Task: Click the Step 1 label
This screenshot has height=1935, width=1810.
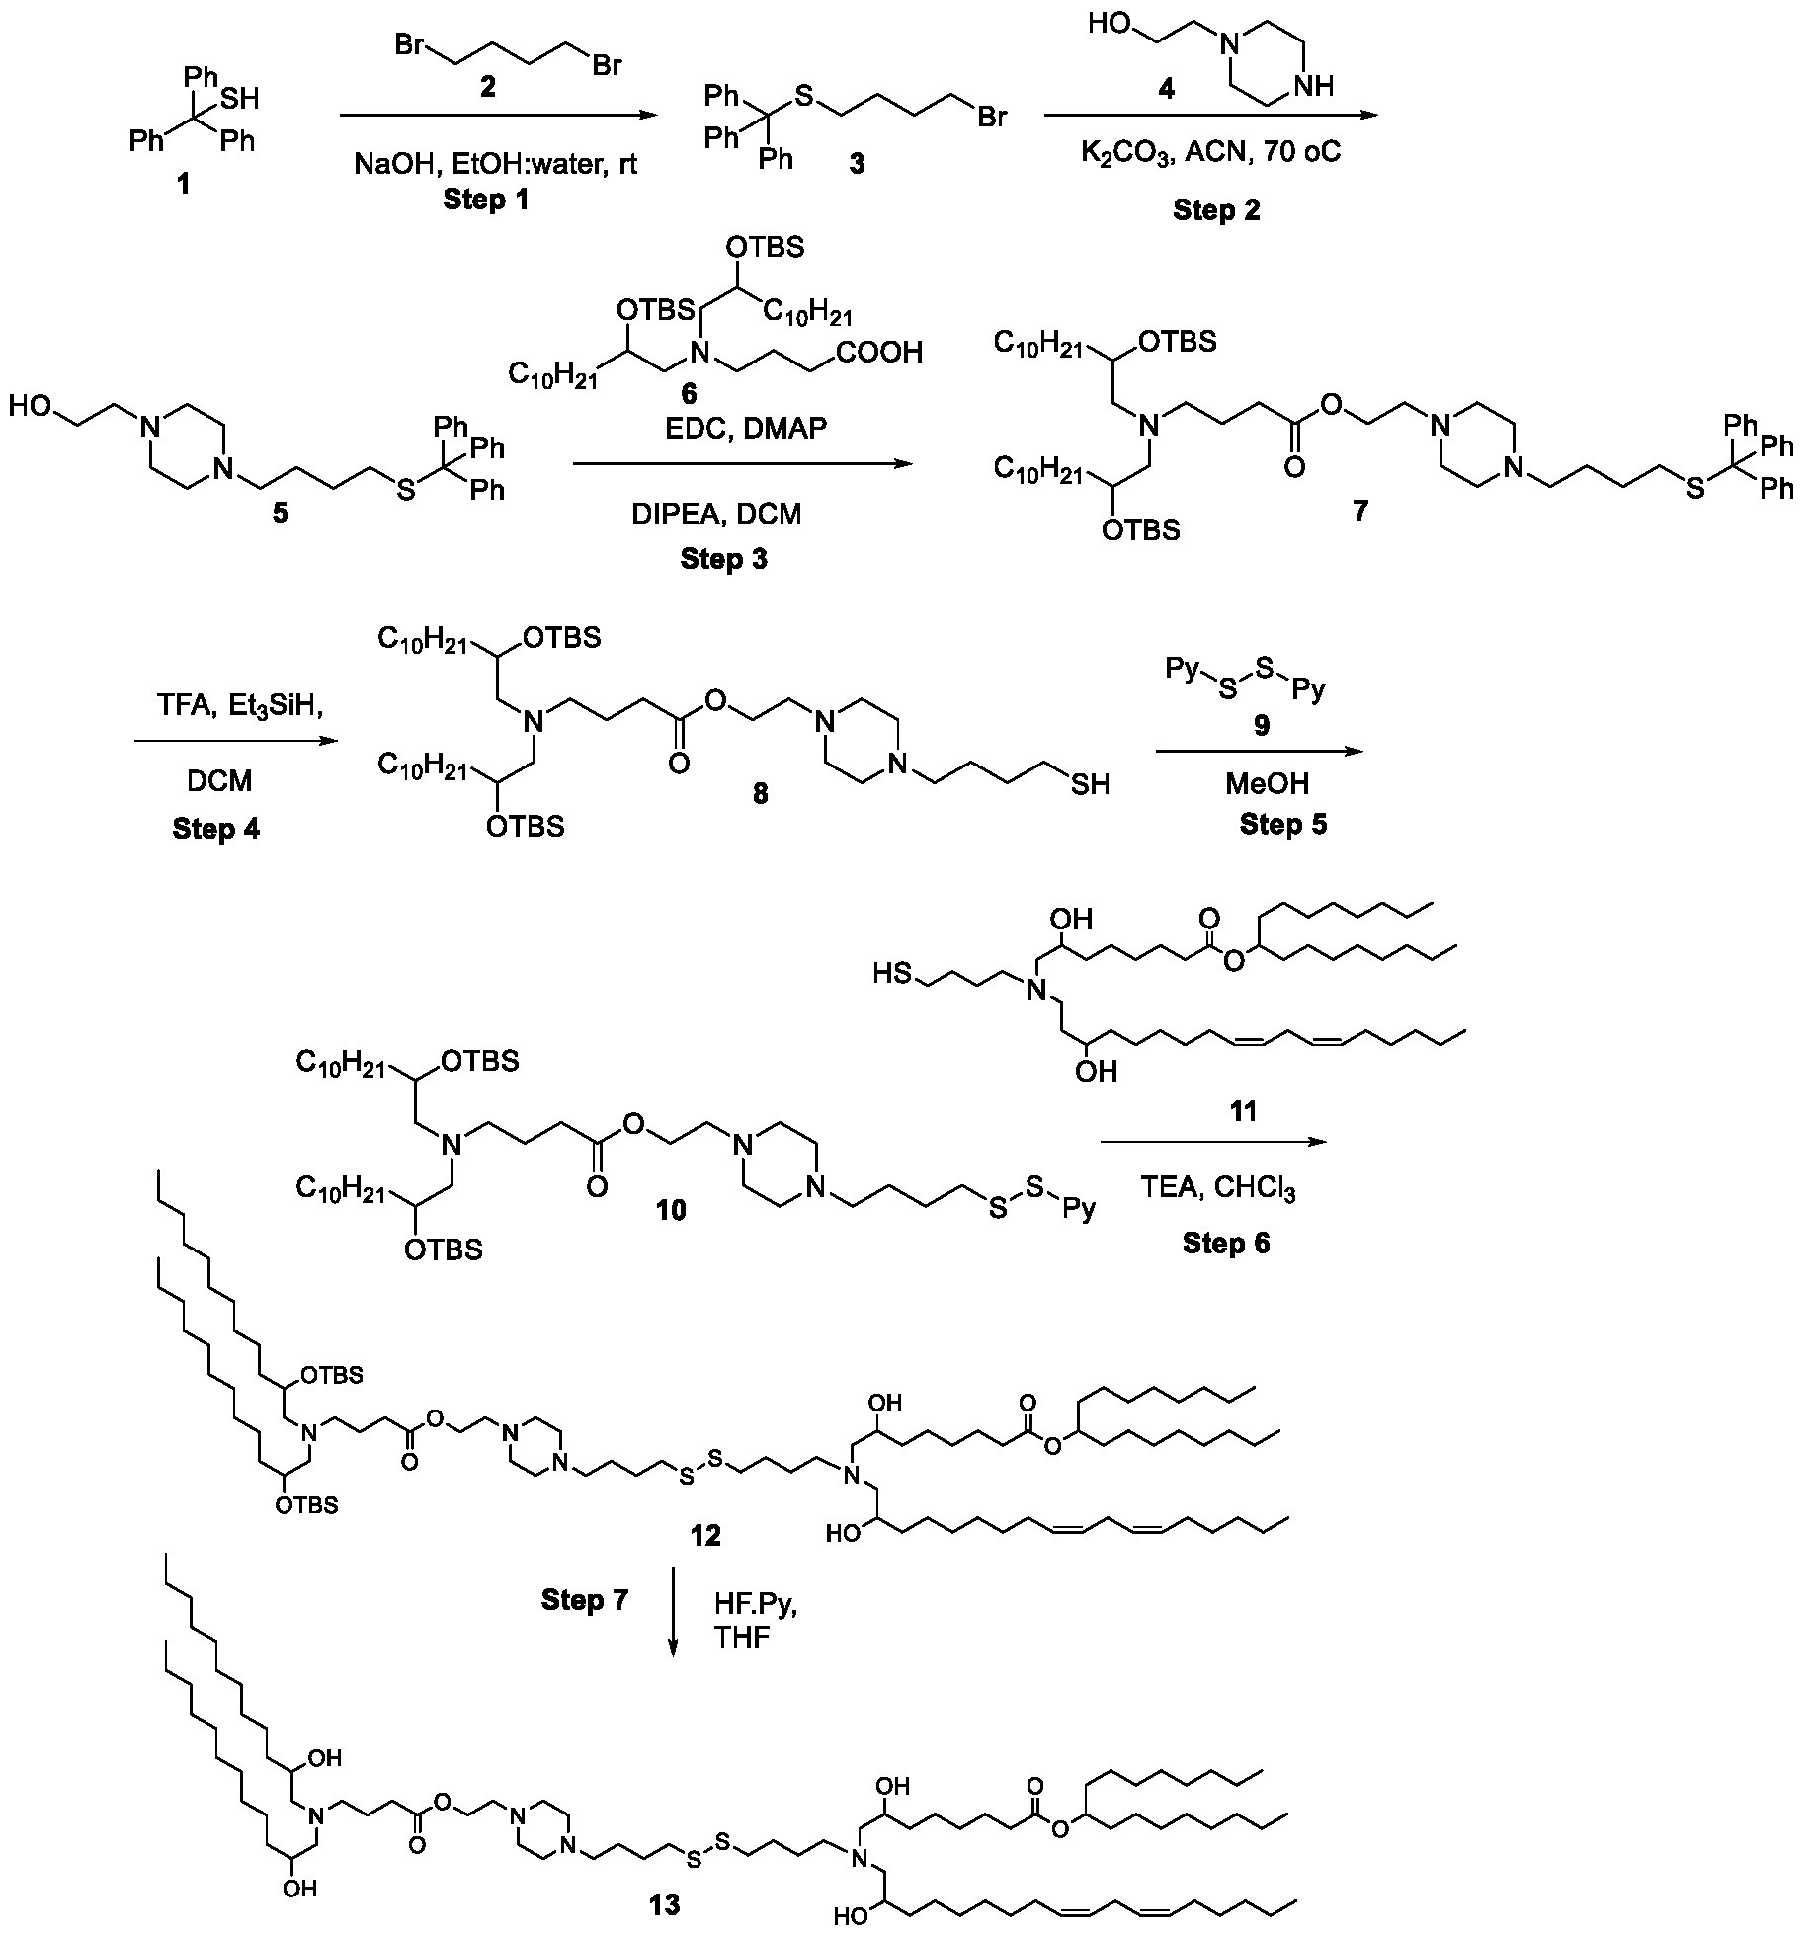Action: point(485,200)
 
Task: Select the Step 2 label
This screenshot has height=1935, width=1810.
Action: point(1216,209)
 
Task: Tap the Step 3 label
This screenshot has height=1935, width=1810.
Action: point(723,559)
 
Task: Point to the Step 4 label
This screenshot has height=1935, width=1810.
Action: point(215,828)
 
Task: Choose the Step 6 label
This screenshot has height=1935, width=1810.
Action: point(1226,1243)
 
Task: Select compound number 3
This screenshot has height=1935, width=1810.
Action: point(857,163)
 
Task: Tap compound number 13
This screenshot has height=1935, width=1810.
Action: point(665,1903)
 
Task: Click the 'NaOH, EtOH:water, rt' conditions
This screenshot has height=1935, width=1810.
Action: point(496,163)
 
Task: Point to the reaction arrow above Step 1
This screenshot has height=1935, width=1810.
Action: point(498,116)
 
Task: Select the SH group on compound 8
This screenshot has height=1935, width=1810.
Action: point(1088,784)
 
